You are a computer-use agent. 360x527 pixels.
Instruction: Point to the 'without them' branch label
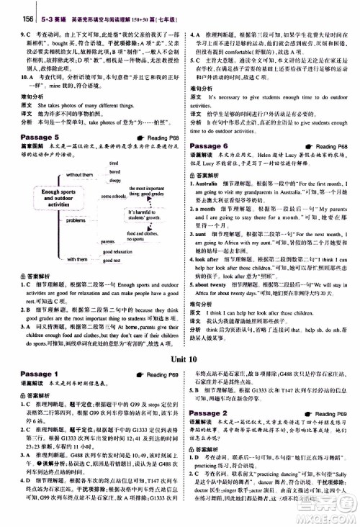[78, 175]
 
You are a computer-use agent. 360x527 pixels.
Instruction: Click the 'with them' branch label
[78, 258]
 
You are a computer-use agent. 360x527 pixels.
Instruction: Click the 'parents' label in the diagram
[109, 243]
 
